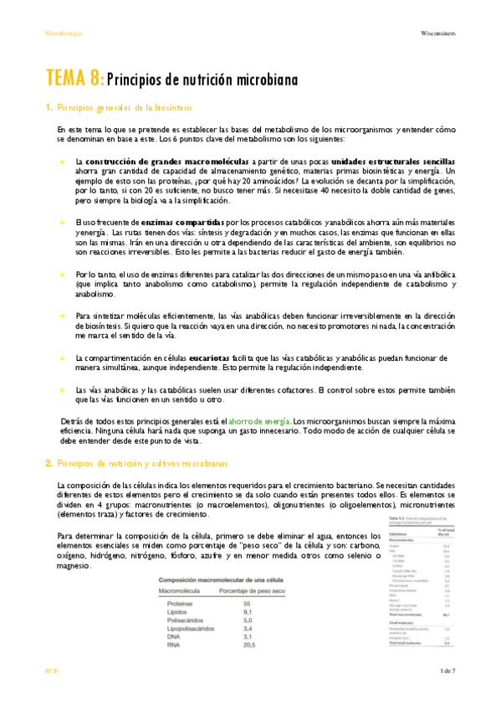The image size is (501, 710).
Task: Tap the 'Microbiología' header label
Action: (64, 33)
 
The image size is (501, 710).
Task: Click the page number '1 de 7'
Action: (447, 695)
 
